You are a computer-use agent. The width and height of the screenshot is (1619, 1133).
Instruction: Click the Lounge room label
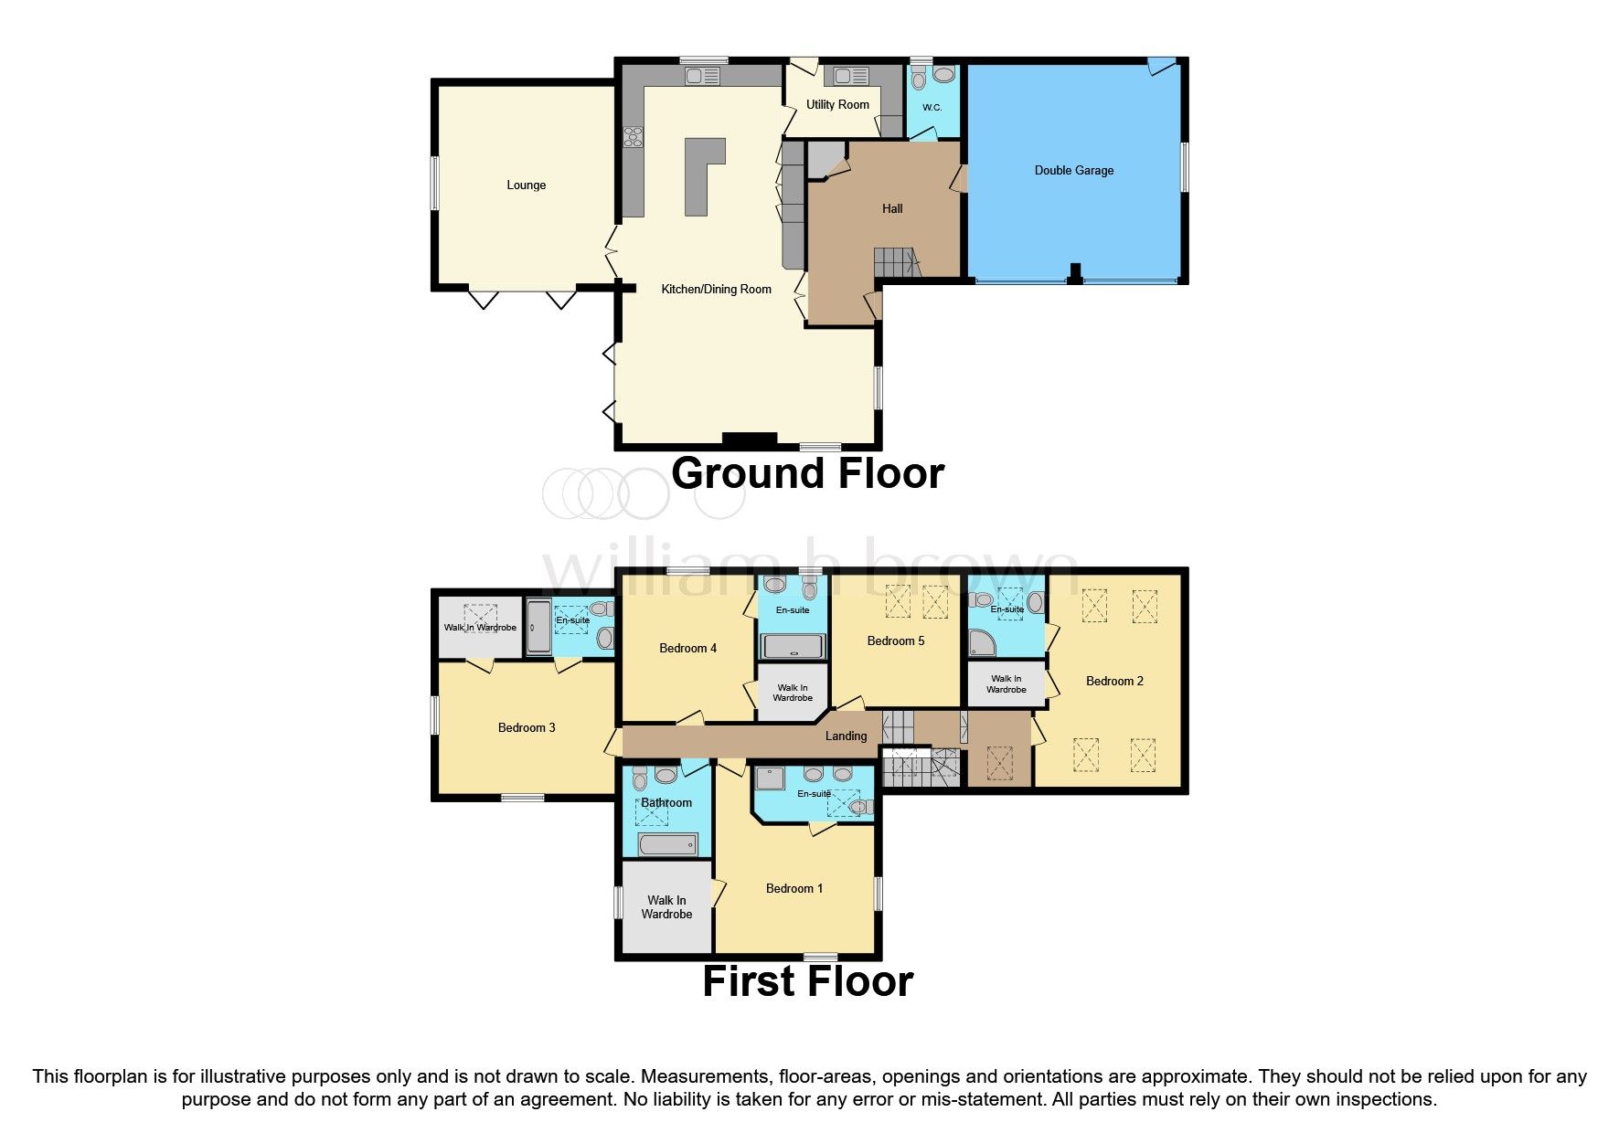coord(526,185)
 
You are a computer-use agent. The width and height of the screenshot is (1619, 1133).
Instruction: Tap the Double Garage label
coord(1073,171)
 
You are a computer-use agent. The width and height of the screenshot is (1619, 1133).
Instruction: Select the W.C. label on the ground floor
coord(932,108)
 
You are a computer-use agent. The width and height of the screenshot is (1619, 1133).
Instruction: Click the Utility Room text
coord(837,105)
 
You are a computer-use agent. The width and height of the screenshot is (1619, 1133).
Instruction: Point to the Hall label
coord(892,209)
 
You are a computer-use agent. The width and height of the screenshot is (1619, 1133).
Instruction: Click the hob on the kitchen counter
coord(633,138)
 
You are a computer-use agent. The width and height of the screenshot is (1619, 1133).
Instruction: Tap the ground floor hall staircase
coord(894,262)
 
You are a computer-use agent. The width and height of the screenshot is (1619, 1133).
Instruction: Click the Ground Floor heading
coord(807,474)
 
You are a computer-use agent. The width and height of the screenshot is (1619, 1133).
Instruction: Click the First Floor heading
coord(807,982)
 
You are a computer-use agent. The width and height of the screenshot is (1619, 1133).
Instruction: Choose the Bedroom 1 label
coord(794,889)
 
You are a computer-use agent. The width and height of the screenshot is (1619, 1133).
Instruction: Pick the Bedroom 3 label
coord(526,728)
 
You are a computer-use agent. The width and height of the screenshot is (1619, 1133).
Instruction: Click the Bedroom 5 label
coord(895,641)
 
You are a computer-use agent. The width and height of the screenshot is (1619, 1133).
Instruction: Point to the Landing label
coord(846,736)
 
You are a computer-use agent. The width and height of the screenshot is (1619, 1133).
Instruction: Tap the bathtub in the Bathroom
coord(667,844)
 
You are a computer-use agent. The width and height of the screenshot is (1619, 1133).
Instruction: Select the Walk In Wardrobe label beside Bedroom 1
coord(666,907)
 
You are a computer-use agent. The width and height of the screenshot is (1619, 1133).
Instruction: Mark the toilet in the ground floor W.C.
coord(919,78)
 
